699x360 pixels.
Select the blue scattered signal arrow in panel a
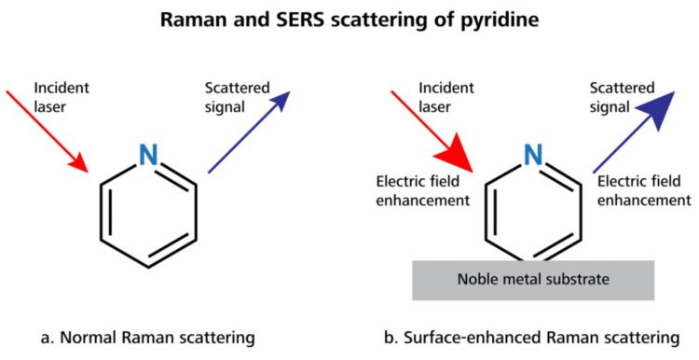pyautogui.click(x=248, y=132)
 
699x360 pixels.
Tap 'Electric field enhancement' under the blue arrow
pyautogui.click(x=643, y=191)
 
